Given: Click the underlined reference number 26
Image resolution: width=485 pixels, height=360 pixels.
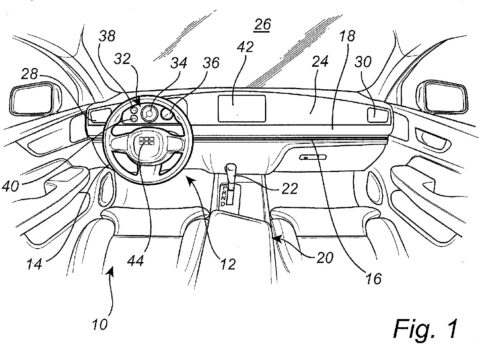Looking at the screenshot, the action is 262,25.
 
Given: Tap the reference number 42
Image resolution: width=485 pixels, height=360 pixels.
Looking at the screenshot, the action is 245,47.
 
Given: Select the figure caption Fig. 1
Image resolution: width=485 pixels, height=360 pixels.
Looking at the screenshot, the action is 426,329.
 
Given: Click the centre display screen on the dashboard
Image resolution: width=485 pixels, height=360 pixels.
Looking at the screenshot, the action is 242,109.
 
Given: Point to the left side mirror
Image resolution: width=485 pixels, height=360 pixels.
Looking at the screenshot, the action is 33,98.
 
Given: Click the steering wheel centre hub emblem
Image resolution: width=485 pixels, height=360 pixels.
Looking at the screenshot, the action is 146,141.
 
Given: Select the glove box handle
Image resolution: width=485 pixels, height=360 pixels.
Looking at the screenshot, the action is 313,157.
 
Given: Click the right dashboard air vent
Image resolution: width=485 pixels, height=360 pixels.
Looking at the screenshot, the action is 378,115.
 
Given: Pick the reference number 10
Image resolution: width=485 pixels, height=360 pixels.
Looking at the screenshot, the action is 100,324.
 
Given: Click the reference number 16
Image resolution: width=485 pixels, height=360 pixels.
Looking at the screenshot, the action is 373,279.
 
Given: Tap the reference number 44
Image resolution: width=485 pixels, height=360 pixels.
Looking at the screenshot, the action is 135,261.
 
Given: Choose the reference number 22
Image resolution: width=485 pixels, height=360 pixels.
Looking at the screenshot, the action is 289,189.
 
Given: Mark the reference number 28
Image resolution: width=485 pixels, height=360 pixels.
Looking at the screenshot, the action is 29,74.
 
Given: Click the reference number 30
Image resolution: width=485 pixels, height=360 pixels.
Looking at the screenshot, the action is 363,62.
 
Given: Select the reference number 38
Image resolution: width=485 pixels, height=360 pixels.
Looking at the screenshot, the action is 107,36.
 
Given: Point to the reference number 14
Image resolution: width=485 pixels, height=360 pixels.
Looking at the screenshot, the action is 34,264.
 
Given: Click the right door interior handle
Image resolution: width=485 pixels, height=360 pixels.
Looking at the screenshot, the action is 431,138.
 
